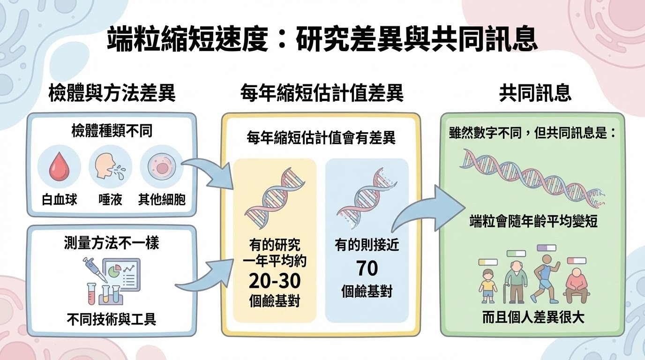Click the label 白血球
[x=60, y=200]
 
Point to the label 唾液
[x=111, y=200]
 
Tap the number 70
[x=367, y=269]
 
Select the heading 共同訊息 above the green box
[x=535, y=93]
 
